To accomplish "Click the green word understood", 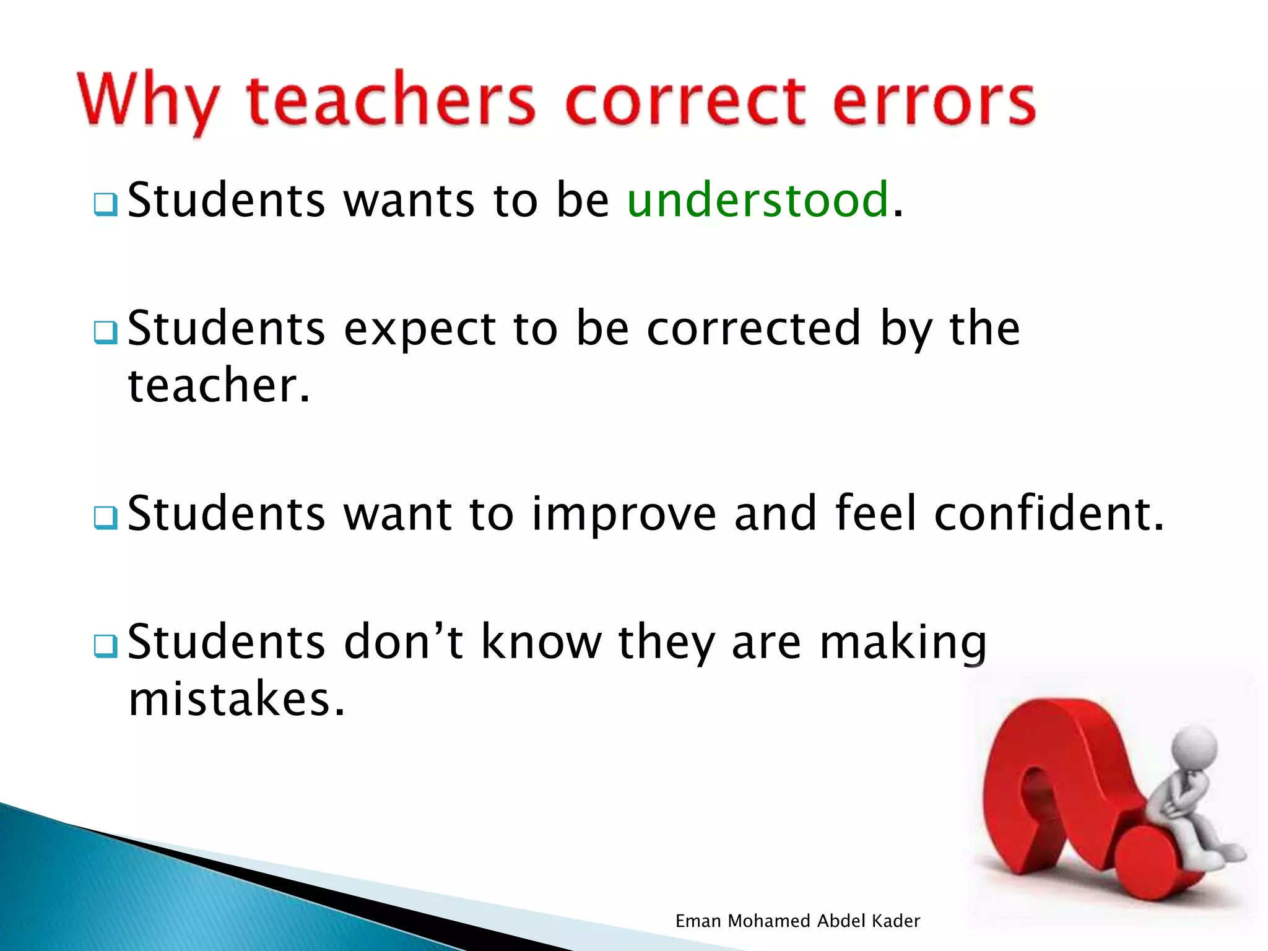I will pos(758,200).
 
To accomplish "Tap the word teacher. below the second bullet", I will pos(219,385).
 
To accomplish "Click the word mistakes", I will pos(236,699).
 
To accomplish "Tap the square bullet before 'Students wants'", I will pos(106,205).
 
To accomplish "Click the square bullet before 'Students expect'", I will pos(106,332).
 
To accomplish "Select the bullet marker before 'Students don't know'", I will pos(106,646).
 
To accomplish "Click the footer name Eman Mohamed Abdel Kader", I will pos(797,921).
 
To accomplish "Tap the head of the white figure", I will pos(1195,746).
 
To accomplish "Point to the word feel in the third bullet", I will pos(875,513).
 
